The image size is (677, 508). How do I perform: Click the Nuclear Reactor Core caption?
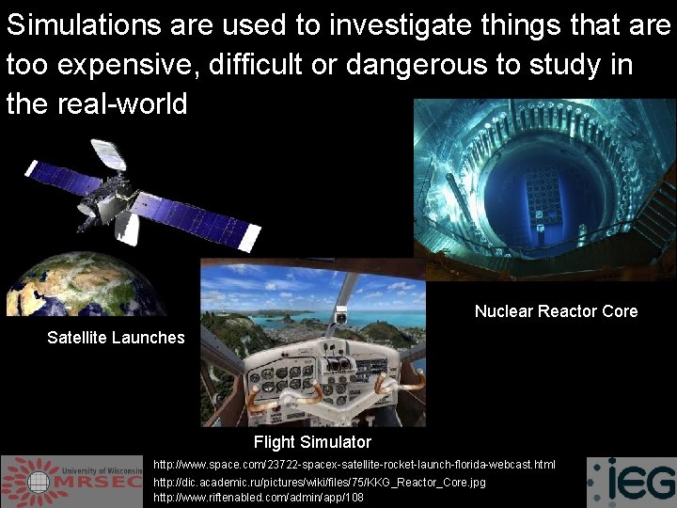coord(556,311)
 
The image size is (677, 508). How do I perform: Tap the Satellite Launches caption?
coord(116,338)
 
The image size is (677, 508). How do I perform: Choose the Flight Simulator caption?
coord(312,442)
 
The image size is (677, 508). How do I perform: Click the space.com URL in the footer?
coord(354,465)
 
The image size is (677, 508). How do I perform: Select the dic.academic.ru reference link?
coord(320,482)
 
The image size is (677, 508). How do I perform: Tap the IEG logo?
coord(631,483)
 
